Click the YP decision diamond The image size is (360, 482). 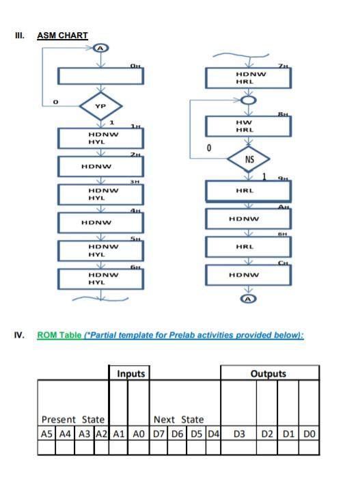pyautogui.click(x=101, y=107)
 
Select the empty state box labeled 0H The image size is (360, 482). pyautogui.click(x=101, y=76)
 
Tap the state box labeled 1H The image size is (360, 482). pyautogui.click(x=101, y=138)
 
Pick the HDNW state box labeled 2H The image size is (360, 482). pyautogui.click(x=101, y=166)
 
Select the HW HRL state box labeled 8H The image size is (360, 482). pyautogui.click(x=250, y=126)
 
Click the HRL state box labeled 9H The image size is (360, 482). pyautogui.click(x=250, y=191)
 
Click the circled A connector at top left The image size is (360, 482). pyautogui.click(x=101, y=48)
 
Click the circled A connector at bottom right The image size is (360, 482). pyautogui.click(x=249, y=299)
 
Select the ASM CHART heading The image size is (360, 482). pyautogui.click(x=62, y=35)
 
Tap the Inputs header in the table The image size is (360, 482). pyautogui.click(x=130, y=374)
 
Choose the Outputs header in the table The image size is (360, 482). pyautogui.click(x=269, y=374)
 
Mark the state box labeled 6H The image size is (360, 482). pyautogui.click(x=101, y=278)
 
